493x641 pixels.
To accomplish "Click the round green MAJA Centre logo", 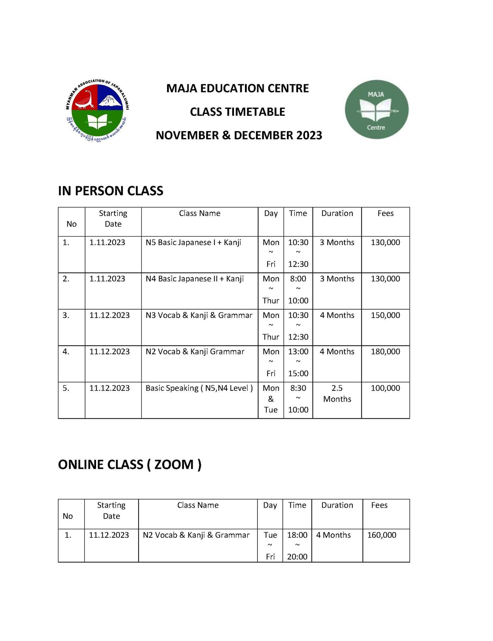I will point(376,110).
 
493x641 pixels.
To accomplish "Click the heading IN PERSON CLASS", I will point(110,191).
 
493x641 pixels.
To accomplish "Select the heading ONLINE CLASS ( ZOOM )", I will point(130,464).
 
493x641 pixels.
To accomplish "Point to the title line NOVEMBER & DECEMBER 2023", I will point(239,135).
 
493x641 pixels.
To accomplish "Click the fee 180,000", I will point(385,351).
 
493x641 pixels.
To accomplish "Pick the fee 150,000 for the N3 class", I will point(385,315).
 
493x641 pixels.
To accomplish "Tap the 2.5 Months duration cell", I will point(337,393).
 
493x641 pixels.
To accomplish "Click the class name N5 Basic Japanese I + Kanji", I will point(193,242).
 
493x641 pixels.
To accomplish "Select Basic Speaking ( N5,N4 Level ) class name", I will point(199,388).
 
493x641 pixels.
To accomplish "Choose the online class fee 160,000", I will point(382,535).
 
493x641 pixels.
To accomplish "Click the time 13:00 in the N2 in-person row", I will point(298,351).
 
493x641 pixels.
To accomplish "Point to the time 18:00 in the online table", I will point(297,535).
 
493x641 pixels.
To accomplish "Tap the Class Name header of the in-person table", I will point(200,213).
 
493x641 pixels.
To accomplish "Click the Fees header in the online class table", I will point(379,505).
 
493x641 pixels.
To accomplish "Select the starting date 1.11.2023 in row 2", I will point(107,279).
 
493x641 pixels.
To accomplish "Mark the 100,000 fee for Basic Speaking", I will point(385,388).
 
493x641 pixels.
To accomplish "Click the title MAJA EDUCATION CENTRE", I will point(237,88).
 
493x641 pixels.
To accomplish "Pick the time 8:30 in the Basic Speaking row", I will point(298,388).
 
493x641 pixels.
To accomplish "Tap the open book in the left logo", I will point(98,121).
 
